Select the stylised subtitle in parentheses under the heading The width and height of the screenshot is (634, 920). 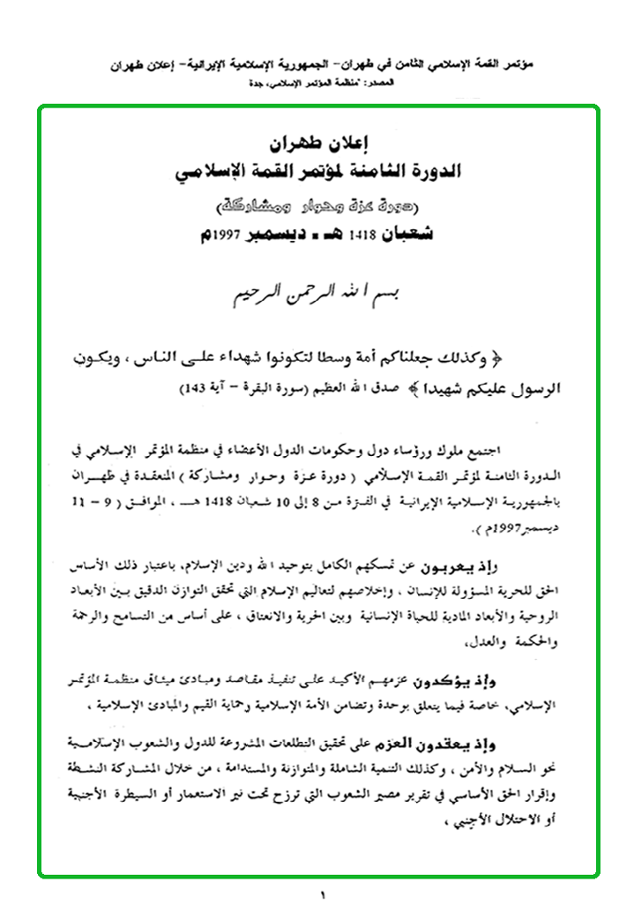pyautogui.click(x=317, y=208)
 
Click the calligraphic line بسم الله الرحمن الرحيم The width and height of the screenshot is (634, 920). pyautogui.click(x=317, y=291)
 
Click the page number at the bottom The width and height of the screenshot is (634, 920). pyautogui.click(x=323, y=896)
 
